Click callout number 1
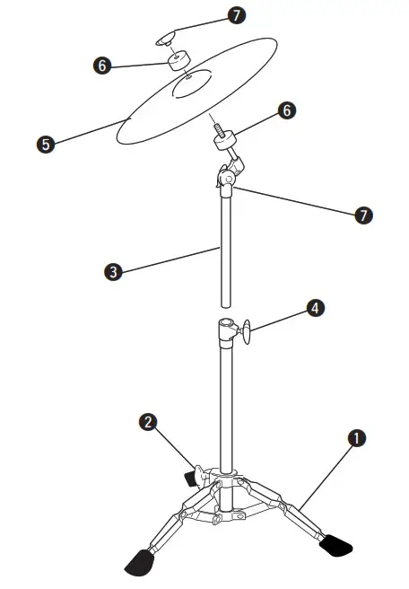tap(357, 438)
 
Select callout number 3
tap(113, 271)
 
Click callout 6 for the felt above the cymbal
tap(103, 65)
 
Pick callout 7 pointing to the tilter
tap(364, 215)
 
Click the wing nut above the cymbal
tap(165, 38)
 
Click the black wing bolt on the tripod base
tap(191, 473)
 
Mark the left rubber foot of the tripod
tap(138, 563)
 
